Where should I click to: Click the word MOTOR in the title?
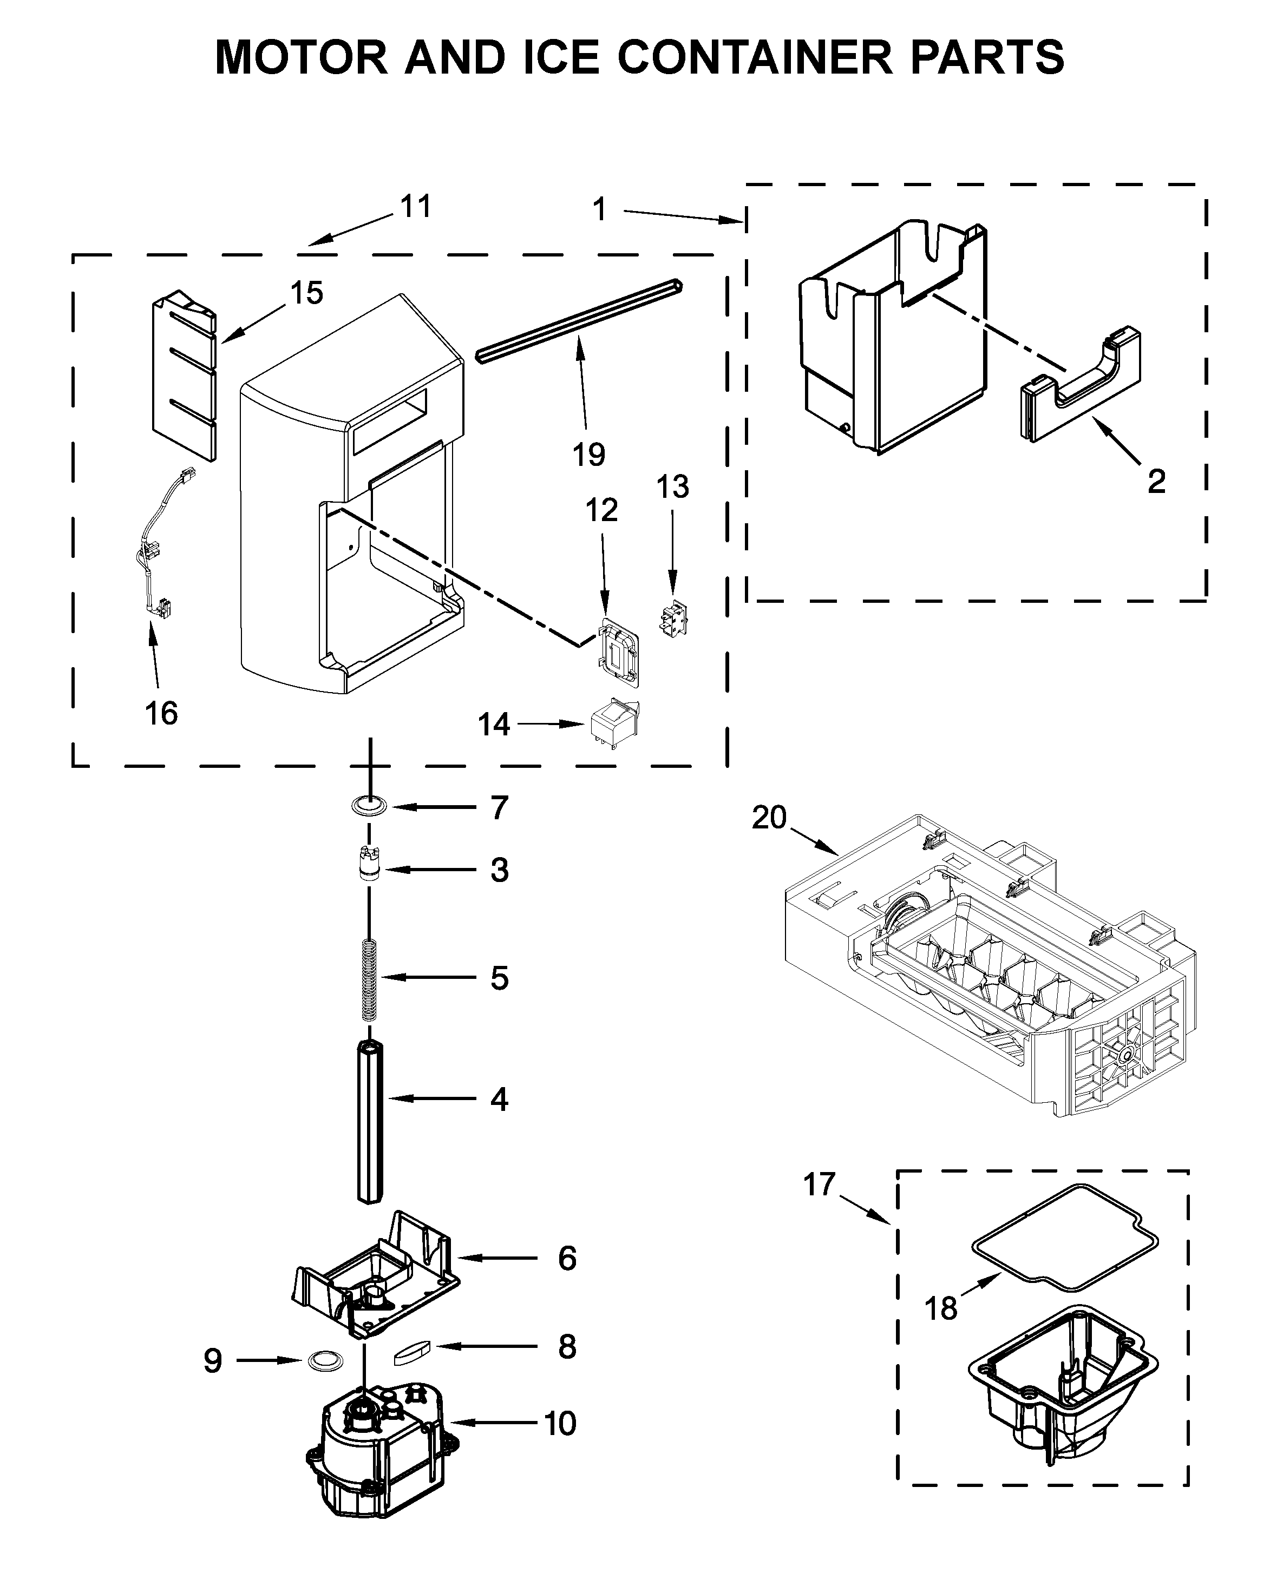coord(301,57)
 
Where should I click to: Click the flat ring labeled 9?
coord(324,1360)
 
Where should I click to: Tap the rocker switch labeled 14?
coord(613,722)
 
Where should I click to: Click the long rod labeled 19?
coord(579,320)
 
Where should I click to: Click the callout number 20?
coord(769,818)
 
